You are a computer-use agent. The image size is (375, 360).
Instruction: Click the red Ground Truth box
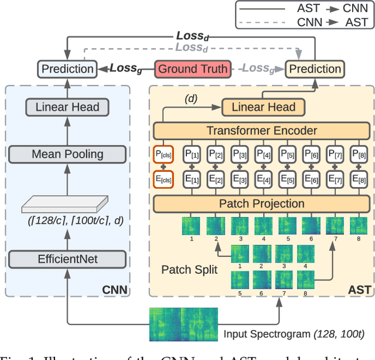click(191, 69)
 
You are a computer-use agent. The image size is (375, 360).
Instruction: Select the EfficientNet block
click(67, 259)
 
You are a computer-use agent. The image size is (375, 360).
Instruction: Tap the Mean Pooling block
click(67, 154)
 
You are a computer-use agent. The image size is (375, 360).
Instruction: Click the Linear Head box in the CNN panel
click(67, 107)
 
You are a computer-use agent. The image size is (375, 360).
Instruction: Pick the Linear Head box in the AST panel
click(264, 107)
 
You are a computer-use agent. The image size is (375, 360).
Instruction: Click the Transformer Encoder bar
click(261, 131)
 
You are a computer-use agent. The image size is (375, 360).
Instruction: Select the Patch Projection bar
click(261, 204)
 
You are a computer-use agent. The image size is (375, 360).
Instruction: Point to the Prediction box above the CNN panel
click(67, 69)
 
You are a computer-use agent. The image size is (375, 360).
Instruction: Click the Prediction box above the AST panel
click(315, 69)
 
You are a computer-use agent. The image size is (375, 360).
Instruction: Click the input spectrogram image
click(183, 324)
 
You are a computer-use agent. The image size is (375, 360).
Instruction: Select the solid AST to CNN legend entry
click(304, 8)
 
